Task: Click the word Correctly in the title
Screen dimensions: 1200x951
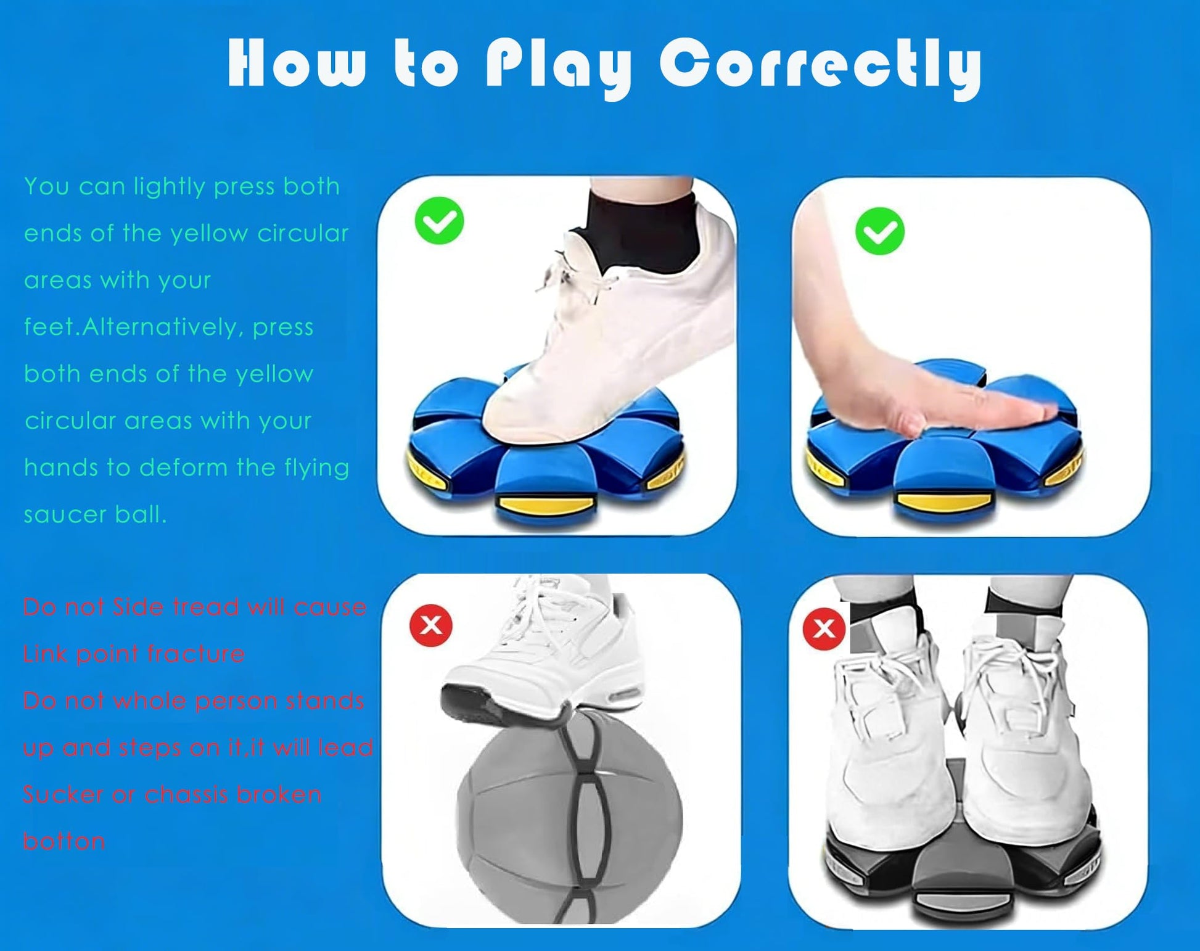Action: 820,66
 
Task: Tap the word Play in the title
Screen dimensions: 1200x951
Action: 559,66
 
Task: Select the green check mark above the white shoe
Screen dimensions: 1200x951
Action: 439,221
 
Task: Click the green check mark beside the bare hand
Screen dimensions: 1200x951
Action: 880,231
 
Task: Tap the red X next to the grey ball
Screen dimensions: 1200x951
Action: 431,625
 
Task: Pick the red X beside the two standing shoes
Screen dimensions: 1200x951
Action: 824,628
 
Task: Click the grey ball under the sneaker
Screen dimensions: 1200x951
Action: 569,817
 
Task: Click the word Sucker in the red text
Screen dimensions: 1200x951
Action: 63,794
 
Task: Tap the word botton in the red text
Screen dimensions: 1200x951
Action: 64,841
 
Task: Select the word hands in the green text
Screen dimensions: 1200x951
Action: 61,467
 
